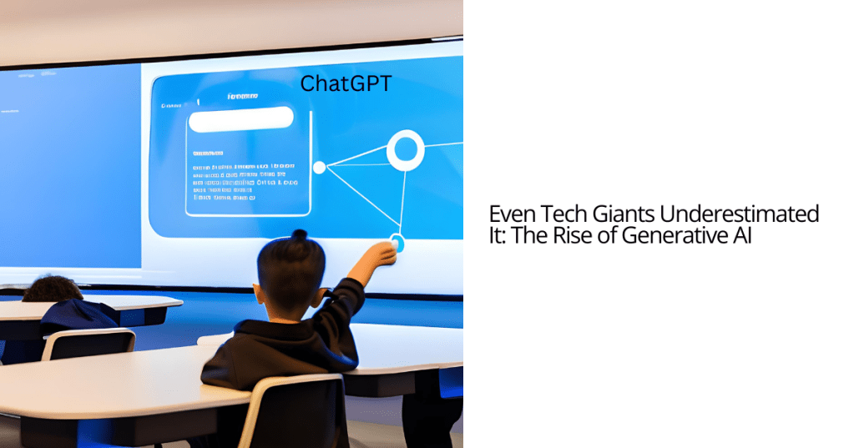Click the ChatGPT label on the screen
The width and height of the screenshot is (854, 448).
pos(346,83)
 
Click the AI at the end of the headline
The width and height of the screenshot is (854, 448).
pos(741,235)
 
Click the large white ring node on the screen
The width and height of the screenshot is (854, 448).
pos(405,150)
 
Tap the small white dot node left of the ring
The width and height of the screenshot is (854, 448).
pos(319,168)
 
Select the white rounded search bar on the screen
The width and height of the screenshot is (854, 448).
pos(240,119)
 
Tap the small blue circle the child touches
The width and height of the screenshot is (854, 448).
pos(397,244)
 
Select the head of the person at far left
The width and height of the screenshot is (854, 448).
pos(52,289)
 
